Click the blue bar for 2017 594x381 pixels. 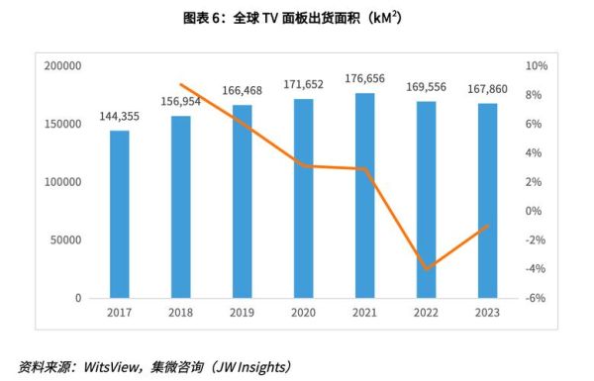coord(119,214)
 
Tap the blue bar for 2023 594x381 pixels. coord(487,200)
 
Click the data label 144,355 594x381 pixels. coord(119,117)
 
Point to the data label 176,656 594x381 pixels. coord(364,79)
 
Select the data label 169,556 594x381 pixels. coord(426,87)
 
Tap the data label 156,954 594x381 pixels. coord(180,102)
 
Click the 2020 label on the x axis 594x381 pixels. coord(303,313)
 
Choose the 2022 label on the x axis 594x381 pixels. coord(426,313)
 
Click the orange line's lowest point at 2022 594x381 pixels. coord(426,269)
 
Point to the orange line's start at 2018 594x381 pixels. coord(180,84)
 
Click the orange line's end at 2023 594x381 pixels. coord(487,226)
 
